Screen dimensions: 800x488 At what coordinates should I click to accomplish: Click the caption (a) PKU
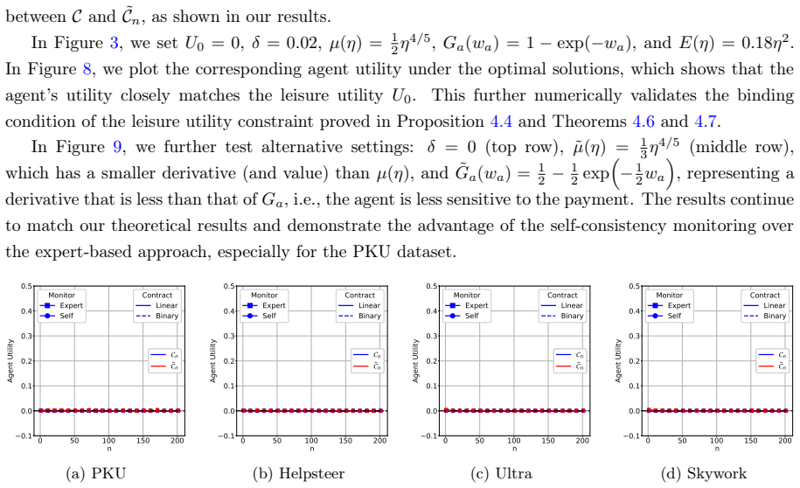tap(95, 474)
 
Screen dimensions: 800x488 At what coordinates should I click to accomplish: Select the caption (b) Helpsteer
tap(298, 474)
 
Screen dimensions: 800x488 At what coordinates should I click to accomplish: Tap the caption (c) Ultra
tap(501, 474)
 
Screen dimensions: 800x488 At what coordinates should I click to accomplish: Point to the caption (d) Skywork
tap(704, 474)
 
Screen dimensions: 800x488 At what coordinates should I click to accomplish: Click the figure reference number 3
tap(115, 43)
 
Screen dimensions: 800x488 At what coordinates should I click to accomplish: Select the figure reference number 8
tap(87, 69)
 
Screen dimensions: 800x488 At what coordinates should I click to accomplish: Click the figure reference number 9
tap(117, 147)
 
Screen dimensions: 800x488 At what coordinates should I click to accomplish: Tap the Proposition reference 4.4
tap(501, 122)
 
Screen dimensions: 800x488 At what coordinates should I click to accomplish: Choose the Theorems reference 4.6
tap(643, 122)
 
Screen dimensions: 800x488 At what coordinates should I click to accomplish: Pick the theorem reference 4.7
tap(706, 122)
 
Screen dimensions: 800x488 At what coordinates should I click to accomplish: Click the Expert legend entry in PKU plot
tap(62, 305)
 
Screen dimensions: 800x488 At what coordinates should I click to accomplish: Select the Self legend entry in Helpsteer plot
tap(262, 316)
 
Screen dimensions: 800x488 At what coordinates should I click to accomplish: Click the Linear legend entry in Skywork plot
tap(764, 305)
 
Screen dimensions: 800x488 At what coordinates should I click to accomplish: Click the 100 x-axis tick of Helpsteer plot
tap(311, 441)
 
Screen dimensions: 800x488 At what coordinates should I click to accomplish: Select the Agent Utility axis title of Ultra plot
tap(416, 360)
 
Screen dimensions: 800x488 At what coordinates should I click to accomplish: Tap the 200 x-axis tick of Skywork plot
tap(784, 441)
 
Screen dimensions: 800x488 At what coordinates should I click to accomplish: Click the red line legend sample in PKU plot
tap(158, 366)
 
